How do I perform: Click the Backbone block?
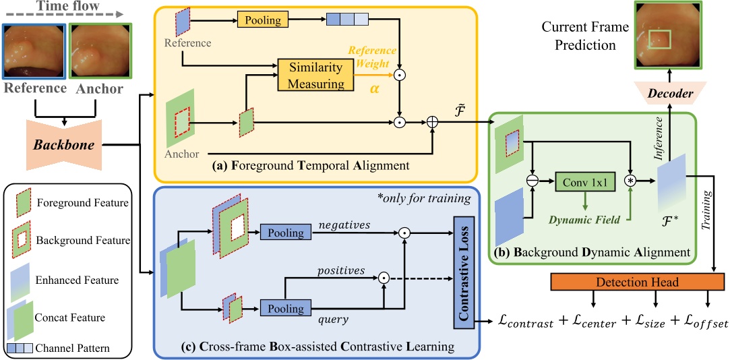click(x=63, y=144)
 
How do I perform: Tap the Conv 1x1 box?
click(x=581, y=181)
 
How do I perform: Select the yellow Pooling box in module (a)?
click(x=262, y=21)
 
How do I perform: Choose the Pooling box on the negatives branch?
click(x=283, y=233)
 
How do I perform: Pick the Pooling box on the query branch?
click(x=283, y=309)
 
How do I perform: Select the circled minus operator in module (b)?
click(x=533, y=181)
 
